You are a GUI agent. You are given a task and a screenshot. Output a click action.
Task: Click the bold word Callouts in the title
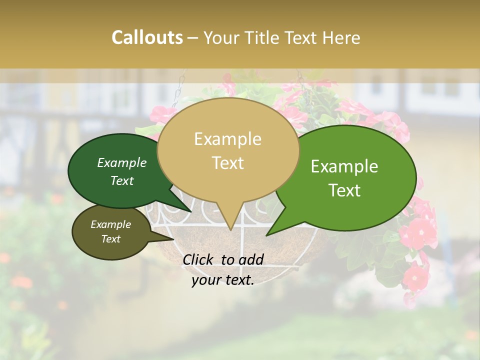147,37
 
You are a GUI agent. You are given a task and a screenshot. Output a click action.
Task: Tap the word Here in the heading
342,37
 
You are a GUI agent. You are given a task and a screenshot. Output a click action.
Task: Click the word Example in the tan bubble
227,139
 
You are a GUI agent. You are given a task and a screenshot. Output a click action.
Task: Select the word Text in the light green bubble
344,190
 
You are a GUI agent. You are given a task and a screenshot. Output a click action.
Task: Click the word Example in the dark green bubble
122,163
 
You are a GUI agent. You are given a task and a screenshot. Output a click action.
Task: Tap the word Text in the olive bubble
111,239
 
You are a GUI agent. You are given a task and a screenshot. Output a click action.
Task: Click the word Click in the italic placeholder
198,259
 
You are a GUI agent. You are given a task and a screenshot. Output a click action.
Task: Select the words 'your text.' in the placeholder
223,280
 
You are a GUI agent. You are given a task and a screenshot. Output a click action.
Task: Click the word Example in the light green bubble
344,166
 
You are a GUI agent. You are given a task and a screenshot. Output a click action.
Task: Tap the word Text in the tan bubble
228,163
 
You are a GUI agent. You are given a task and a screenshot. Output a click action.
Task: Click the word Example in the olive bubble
111,224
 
